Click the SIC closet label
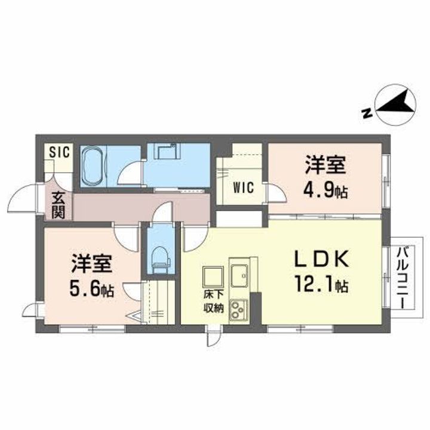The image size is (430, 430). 60,152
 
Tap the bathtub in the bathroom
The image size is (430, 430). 92,165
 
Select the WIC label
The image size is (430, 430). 243,188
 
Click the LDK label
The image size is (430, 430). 322,259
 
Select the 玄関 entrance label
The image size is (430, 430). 58,205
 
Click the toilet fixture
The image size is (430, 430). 161,260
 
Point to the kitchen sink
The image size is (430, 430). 239,275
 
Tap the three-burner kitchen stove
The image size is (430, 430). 238,310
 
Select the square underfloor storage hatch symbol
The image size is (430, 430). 213,277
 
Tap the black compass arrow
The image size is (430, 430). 397,103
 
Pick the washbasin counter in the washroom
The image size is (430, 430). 168,150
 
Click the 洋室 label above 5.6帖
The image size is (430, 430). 91,264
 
